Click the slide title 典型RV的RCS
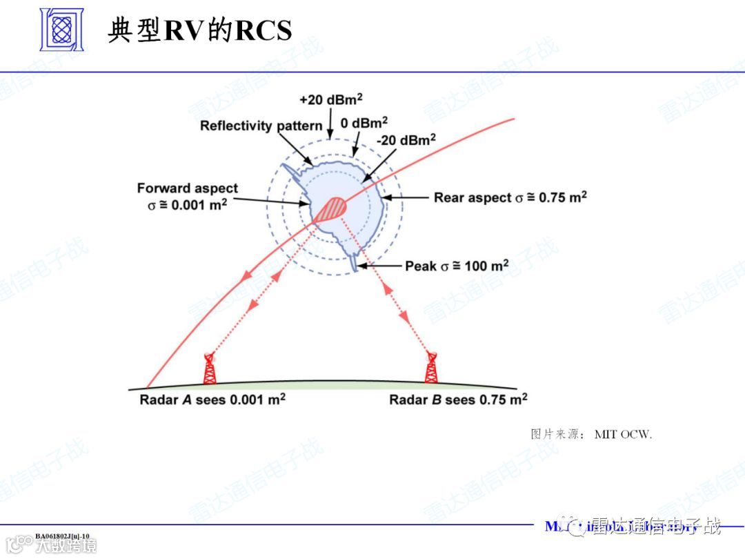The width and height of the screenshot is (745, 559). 199,30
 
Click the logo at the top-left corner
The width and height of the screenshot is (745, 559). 61,30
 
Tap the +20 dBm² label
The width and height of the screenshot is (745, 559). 331,99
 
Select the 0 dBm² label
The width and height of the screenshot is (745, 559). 364,124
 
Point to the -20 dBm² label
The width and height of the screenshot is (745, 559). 406,139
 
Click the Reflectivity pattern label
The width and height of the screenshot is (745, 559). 261,126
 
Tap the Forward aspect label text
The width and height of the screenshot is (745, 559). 187,188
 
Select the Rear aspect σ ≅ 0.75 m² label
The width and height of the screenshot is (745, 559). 510,197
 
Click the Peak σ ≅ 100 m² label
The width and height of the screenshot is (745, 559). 457,266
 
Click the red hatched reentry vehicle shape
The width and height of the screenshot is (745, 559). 333,208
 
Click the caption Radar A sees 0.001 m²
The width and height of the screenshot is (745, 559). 212,400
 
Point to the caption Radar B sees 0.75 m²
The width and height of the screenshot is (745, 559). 458,400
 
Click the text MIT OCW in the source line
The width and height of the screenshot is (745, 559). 622,434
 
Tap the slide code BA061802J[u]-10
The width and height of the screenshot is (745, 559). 62,535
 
